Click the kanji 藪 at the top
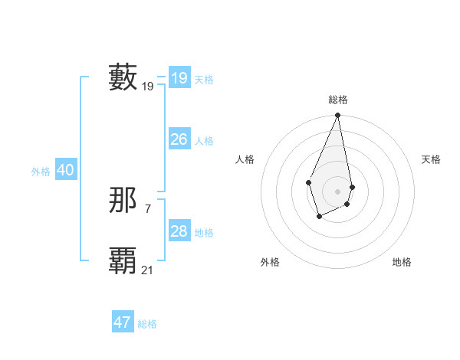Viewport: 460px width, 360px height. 123,77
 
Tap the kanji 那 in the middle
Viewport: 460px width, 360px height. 123,201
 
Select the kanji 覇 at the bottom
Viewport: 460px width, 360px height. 123,260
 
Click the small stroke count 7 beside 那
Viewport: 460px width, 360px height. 148,208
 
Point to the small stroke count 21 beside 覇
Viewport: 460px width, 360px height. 148,270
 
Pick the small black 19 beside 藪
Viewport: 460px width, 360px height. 148,87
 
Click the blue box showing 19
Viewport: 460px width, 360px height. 179,78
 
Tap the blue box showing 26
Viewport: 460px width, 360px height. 179,139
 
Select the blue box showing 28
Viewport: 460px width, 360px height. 179,231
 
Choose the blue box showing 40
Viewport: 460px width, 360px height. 65,170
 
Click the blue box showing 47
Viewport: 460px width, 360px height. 123,322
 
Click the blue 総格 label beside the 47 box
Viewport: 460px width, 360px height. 147,324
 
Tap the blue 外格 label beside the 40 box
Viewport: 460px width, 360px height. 41,172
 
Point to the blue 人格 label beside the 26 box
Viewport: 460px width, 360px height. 204,141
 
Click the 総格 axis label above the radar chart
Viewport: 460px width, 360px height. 337,100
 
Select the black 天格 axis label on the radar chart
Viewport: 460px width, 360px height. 431,159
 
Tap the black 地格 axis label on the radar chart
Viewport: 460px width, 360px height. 402,262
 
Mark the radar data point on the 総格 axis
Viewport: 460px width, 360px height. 337,116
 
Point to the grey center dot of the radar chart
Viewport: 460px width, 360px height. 337,191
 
